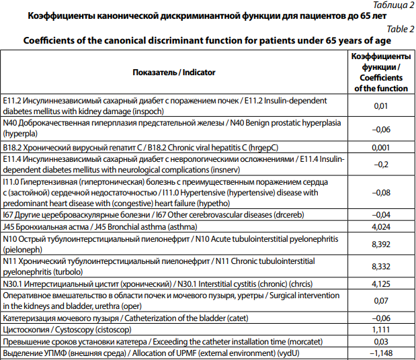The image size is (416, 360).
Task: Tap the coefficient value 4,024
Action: click(380, 226)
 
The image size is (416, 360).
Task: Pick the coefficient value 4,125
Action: click(380, 284)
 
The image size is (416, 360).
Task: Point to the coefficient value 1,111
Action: click(380, 330)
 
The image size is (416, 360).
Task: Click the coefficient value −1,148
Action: click(380, 353)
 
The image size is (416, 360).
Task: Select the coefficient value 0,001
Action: click(380, 147)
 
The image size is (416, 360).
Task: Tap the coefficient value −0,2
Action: click(380, 164)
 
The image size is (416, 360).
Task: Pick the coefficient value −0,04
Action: click(380, 215)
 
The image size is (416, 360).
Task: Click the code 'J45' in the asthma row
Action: click(9, 226)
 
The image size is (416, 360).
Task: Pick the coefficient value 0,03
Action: click(380, 341)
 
